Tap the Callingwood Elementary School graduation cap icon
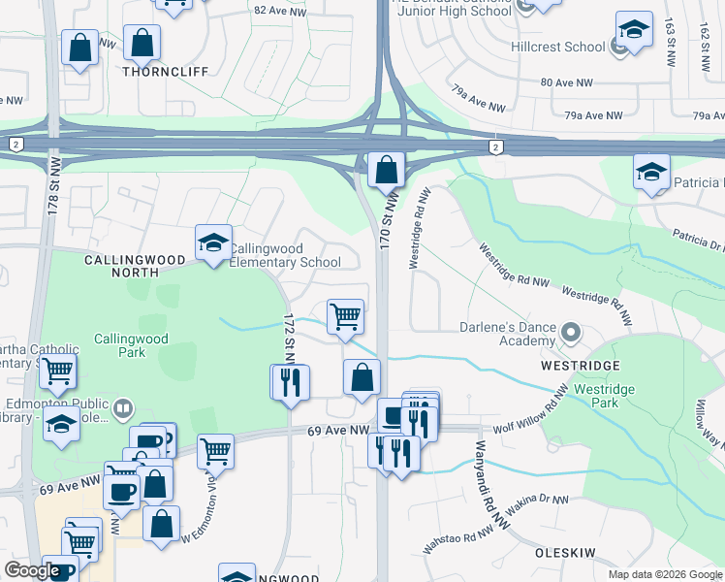pos(213,244)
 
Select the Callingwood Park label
pos(132,345)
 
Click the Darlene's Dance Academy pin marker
pos(570,334)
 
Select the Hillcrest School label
pos(557,47)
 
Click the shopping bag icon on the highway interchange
pos(386,171)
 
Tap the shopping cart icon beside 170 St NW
pos(345,317)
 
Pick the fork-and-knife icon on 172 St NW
pos(289,382)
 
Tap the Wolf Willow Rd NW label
pos(531,412)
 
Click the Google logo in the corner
pos(33,570)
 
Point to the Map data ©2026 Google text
pos(664,574)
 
